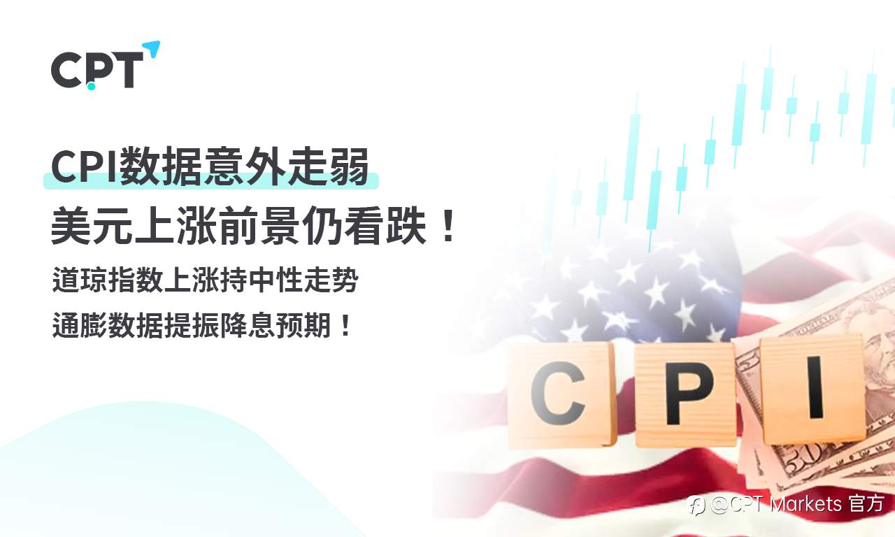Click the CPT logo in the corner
98,69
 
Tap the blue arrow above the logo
152,49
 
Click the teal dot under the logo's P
91,86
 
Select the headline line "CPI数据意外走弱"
210,169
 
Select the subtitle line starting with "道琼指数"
205,281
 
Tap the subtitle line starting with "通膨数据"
203,326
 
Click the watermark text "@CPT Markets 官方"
797,504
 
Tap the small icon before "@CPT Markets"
696,505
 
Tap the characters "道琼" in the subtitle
79,281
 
